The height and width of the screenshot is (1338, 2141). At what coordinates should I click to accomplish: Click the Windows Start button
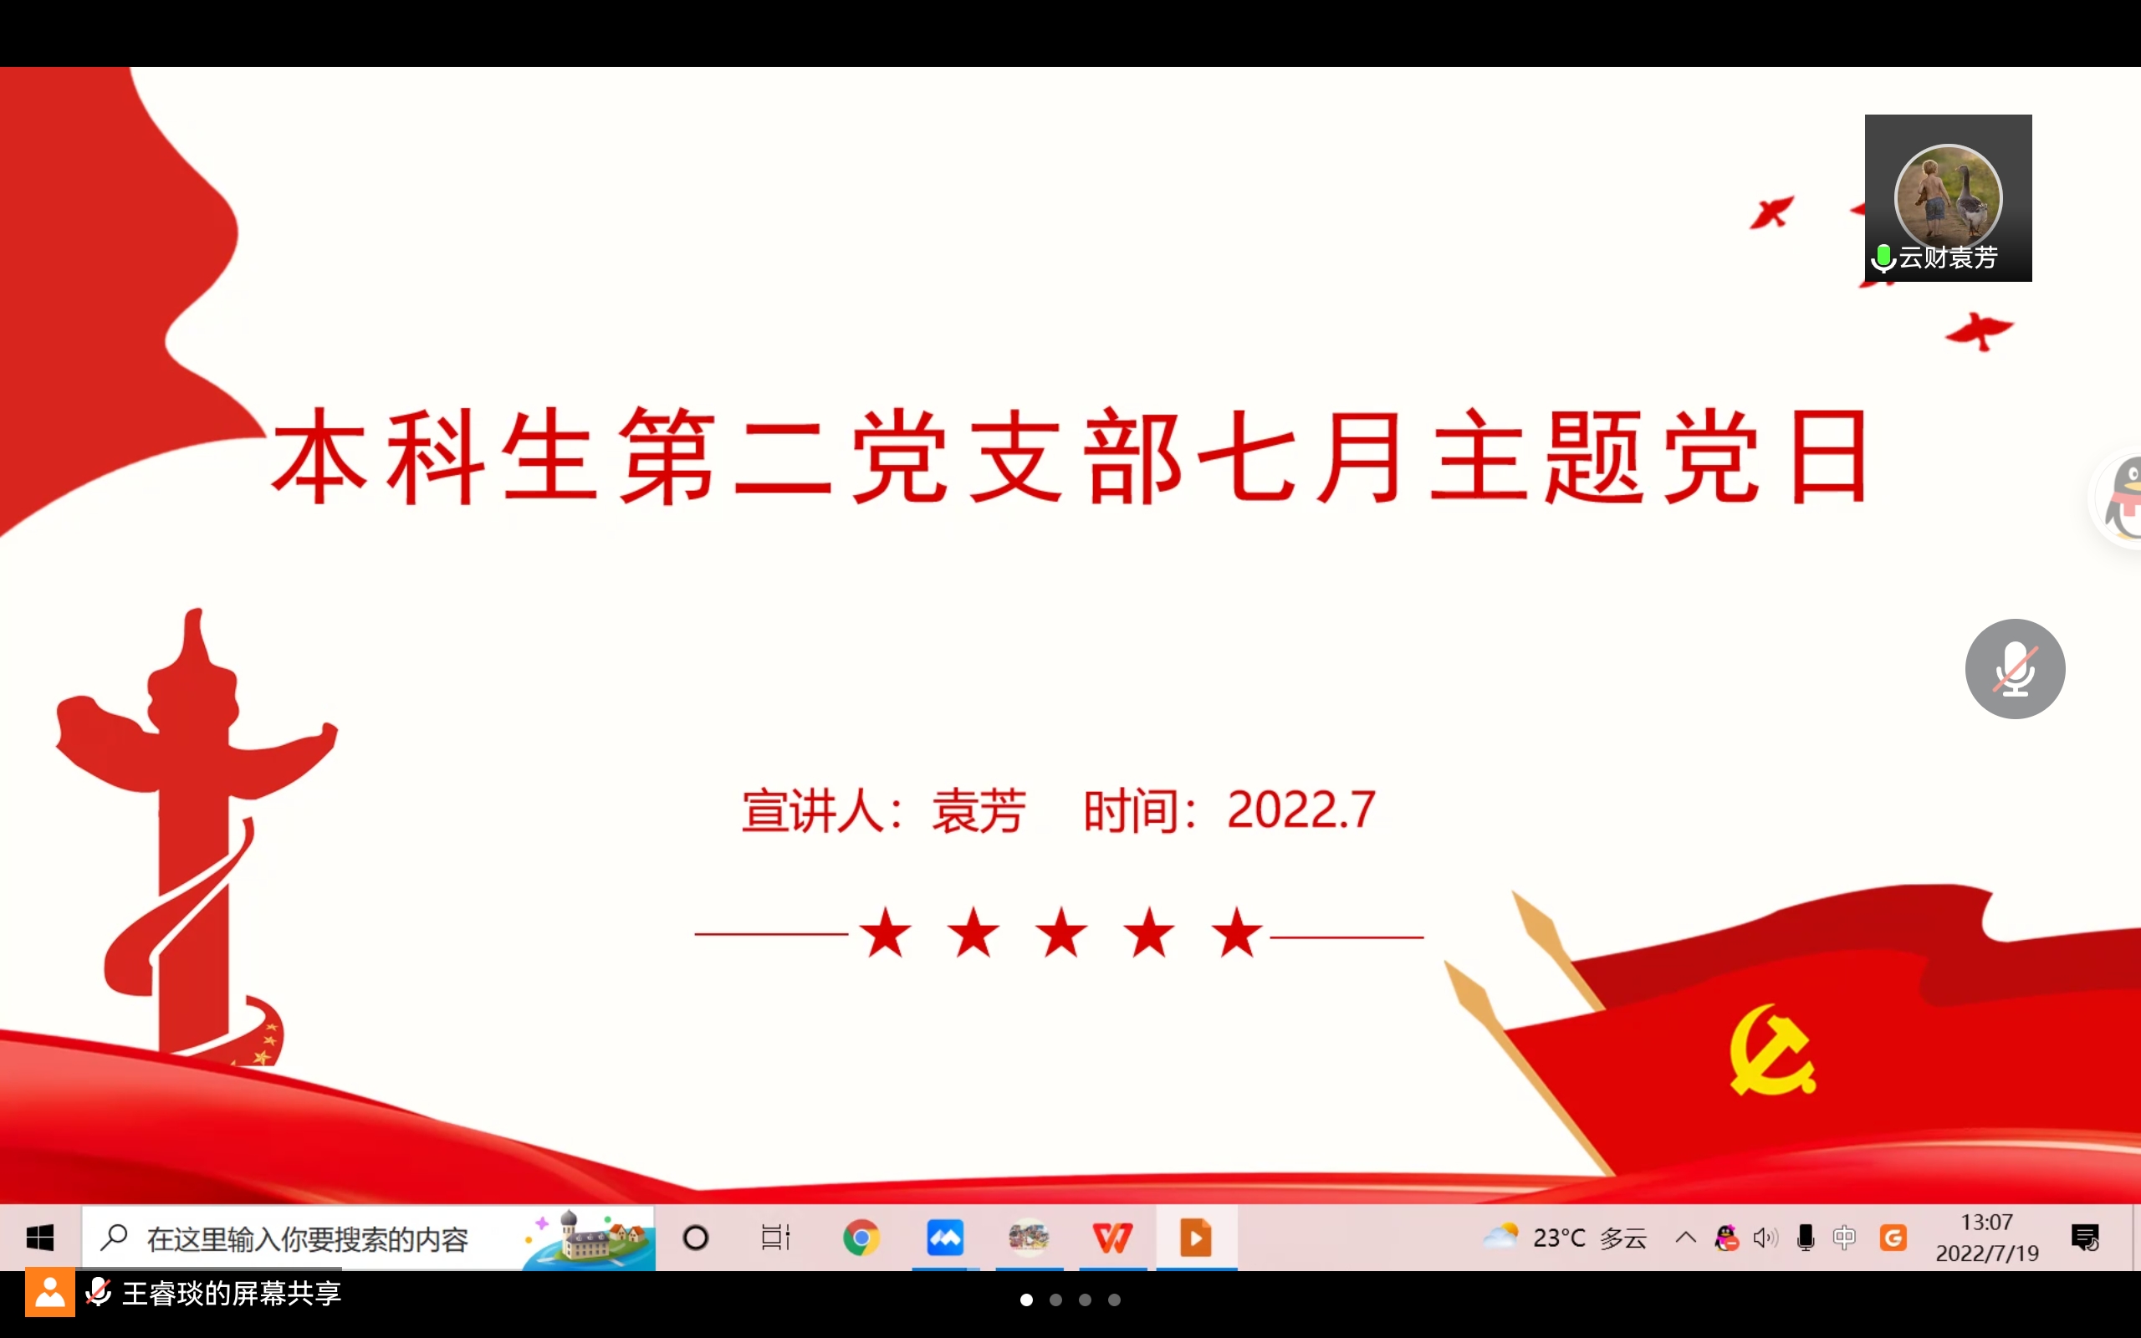tap(40, 1238)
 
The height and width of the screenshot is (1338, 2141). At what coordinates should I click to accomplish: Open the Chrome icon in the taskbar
tap(861, 1237)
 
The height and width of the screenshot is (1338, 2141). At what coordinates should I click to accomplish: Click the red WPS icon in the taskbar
tap(1112, 1237)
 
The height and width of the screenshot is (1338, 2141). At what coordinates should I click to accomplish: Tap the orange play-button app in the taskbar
tap(1195, 1237)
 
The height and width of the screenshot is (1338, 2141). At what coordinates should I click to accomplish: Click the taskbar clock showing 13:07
tap(1987, 1222)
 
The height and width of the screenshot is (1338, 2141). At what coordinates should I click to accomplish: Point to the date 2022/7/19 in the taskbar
tap(1987, 1253)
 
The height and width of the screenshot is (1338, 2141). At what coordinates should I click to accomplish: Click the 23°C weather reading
tap(1559, 1238)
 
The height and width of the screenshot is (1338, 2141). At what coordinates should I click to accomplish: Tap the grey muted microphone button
tap(2016, 669)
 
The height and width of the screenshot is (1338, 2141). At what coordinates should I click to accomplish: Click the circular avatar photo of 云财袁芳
tap(1948, 197)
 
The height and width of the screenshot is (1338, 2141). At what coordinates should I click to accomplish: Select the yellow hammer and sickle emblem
tap(1772, 1050)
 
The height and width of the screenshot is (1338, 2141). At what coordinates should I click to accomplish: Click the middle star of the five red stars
tap(1061, 932)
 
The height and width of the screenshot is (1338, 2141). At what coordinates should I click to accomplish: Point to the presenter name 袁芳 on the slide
tap(979, 810)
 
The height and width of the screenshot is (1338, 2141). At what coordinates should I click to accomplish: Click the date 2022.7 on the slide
tap(1301, 809)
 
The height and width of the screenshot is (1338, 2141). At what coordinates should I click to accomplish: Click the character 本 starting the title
tap(319, 457)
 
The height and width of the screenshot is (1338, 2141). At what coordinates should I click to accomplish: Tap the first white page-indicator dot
tap(1026, 1300)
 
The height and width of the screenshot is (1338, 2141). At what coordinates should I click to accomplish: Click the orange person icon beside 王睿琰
tap(49, 1293)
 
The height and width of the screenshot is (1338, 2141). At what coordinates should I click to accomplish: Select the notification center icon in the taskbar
tap(2085, 1238)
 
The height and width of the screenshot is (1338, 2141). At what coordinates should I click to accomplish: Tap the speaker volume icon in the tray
tap(1765, 1238)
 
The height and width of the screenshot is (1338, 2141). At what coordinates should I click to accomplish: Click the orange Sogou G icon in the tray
tap(1893, 1237)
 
